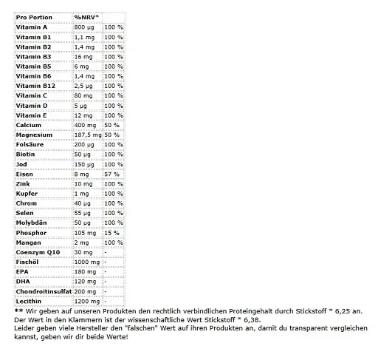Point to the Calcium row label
point(30,126)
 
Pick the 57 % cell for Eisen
point(111,174)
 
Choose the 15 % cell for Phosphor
point(111,233)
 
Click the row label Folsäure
point(32,146)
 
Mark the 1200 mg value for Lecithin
point(86,302)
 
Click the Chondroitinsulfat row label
point(44,292)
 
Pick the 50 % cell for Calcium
point(111,126)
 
